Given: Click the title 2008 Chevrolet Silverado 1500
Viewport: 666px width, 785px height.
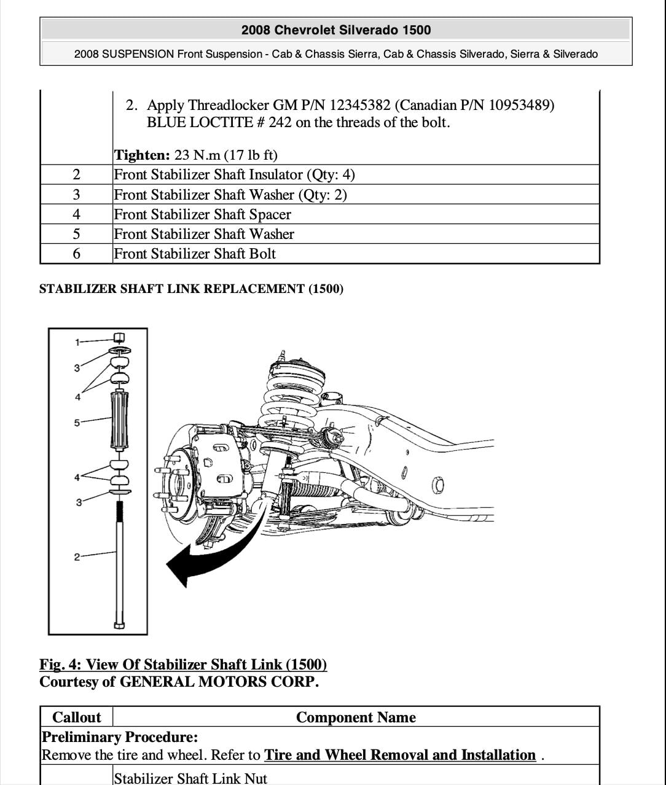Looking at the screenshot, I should point(335,30).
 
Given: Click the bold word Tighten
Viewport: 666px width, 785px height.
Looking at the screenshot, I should point(141,155).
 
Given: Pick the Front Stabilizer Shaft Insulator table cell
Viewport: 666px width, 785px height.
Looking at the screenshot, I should point(234,175).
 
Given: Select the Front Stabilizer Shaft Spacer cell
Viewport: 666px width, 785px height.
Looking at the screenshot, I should point(202,214).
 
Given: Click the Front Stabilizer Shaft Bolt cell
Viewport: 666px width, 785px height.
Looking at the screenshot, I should point(195,254).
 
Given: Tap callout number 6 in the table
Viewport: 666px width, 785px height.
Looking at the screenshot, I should point(76,254).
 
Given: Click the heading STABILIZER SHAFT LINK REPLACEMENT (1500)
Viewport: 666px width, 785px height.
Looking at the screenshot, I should point(191,289).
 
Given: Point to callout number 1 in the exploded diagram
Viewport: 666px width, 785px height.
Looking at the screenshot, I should point(77,342).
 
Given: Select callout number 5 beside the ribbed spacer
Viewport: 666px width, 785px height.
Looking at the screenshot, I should point(77,423).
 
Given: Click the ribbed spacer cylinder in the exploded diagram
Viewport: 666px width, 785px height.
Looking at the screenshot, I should point(119,421).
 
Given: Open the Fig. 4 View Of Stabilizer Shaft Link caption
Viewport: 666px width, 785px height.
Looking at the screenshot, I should point(183,665).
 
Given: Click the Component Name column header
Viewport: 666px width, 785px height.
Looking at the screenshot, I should point(356,717).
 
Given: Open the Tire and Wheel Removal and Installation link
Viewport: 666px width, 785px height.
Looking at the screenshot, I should point(400,755).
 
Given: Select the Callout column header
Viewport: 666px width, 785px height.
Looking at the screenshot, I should point(77,717).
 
